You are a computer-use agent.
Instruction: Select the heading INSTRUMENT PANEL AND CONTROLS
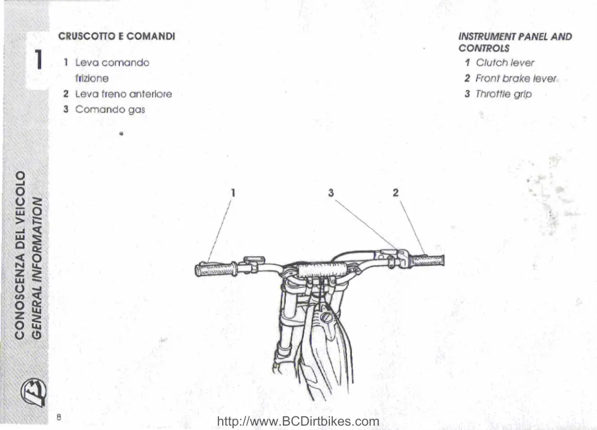(x=514, y=42)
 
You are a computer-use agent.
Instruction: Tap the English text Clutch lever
(x=505, y=63)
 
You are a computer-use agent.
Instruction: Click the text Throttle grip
(x=503, y=94)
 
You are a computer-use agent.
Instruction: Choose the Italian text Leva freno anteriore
(x=123, y=94)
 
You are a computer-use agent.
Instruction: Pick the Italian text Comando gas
(x=109, y=109)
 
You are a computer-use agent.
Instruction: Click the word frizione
(x=91, y=78)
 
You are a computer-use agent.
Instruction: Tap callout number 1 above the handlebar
(x=233, y=192)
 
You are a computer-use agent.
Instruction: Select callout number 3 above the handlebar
(x=331, y=192)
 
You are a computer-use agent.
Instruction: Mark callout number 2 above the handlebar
(x=395, y=192)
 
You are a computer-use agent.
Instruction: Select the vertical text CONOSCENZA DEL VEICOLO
(x=20, y=254)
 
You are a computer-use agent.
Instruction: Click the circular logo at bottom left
(x=32, y=392)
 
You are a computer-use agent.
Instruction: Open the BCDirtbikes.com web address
(x=298, y=421)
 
